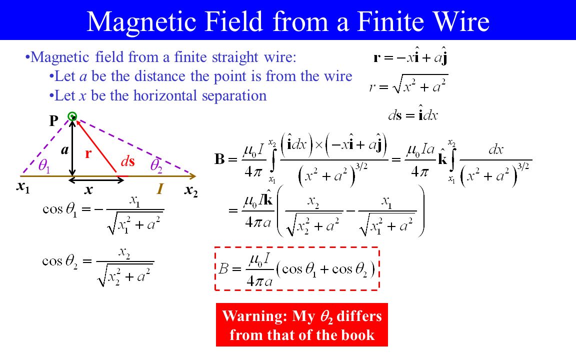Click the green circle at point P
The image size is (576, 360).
tap(72, 116)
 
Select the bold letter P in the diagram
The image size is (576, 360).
tap(53, 120)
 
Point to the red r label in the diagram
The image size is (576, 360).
tap(88, 153)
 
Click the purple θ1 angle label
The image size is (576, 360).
tap(44, 166)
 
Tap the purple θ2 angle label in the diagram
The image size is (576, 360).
tap(156, 166)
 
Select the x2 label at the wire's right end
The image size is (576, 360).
tap(191, 190)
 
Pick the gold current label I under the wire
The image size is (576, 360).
tap(160, 189)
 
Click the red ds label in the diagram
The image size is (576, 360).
tap(128, 161)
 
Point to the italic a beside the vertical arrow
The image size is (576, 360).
tap(64, 150)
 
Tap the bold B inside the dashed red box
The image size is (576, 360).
tap(223, 269)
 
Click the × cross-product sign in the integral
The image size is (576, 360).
tap(319, 144)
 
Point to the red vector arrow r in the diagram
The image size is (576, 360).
tap(96, 146)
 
